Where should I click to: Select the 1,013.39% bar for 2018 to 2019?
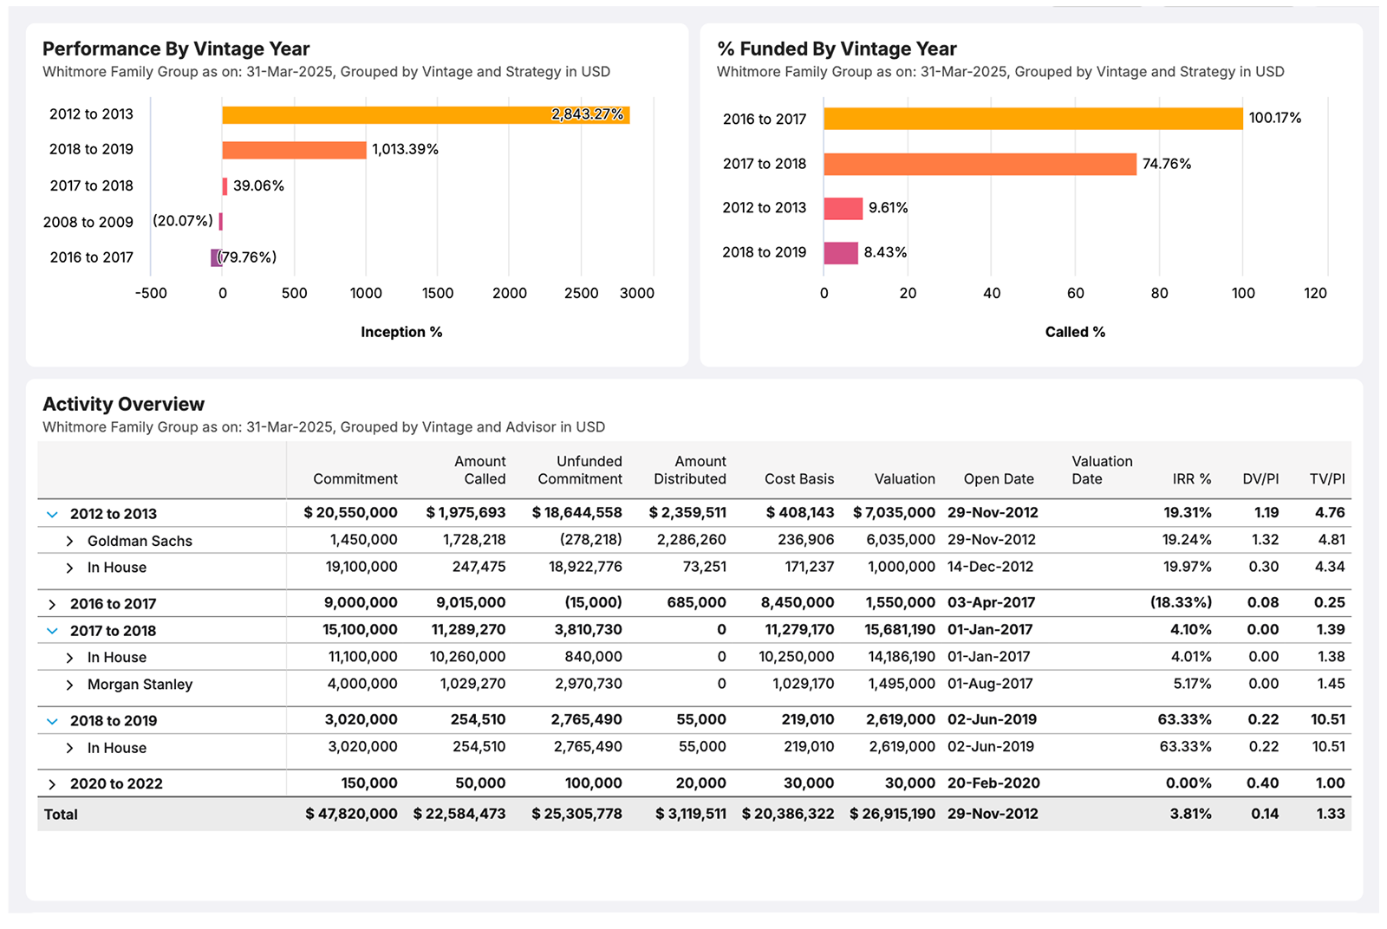tap(294, 150)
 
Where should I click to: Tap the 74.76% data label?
tap(1166, 164)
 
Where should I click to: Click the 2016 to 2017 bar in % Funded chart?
tap(1032, 119)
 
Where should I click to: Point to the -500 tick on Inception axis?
tap(151, 293)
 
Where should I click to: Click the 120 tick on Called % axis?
tap(1314, 293)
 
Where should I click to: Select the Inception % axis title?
tap(401, 332)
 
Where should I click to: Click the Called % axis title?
tap(1075, 332)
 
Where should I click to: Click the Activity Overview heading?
tap(124, 404)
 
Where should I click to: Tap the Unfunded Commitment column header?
tap(580, 470)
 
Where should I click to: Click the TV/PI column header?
tap(1326, 478)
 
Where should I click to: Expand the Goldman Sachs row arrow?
tap(69, 541)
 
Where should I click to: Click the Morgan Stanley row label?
tap(140, 685)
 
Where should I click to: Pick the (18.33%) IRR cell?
tap(1181, 602)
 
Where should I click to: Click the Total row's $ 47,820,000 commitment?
tap(351, 814)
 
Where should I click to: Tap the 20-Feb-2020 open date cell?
tap(993, 783)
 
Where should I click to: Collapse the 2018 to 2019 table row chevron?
tap(52, 721)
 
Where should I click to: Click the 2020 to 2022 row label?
tap(116, 784)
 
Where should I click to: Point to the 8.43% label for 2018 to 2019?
tap(885, 252)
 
